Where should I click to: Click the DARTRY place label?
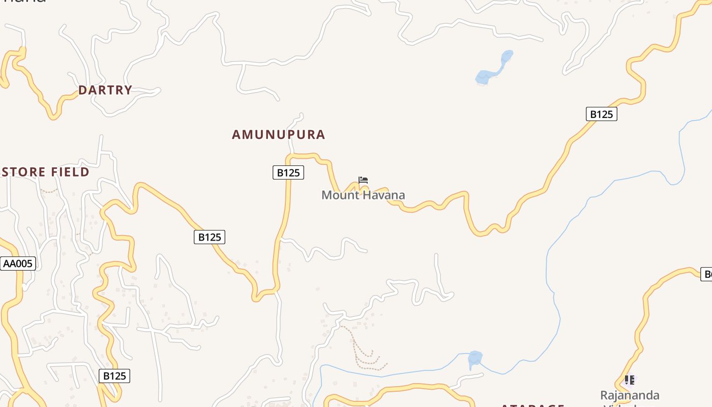click(105, 90)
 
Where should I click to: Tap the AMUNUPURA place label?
click(278, 134)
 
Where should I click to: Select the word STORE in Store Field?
click(24, 172)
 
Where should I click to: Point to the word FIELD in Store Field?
click(70, 172)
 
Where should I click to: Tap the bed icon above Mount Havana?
click(363, 180)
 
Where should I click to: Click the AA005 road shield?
click(18, 264)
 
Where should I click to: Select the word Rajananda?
click(630, 395)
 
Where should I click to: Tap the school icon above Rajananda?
click(630, 380)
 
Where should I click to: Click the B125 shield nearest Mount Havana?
click(288, 172)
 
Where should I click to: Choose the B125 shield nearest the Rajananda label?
click(601, 114)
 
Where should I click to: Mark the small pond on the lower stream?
click(474, 359)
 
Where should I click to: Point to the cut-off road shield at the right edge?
click(706, 275)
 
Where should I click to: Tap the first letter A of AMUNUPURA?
click(236, 134)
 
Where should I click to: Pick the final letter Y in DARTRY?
click(128, 90)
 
